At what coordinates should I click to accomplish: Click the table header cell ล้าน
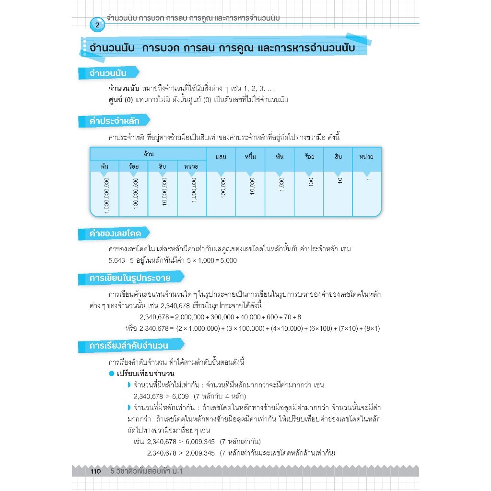point(148,153)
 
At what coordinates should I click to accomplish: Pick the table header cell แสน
point(221,156)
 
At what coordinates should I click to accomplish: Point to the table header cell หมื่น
point(250,156)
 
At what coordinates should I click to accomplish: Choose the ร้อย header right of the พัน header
point(309,156)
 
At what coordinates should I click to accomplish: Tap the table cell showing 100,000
point(222,187)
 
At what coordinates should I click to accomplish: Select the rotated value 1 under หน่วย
point(368,178)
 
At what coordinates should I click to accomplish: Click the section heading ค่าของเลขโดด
point(115,234)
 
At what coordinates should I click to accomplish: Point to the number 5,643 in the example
point(117,260)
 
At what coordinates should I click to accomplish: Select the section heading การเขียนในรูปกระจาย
point(129,279)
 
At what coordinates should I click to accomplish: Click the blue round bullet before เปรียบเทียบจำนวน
point(111,374)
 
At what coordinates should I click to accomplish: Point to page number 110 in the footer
point(95,472)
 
